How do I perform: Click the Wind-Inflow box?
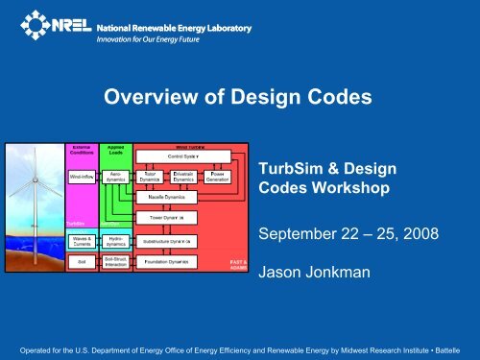click(81, 177)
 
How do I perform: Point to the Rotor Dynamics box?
click(149, 177)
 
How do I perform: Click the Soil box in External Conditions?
click(81, 261)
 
